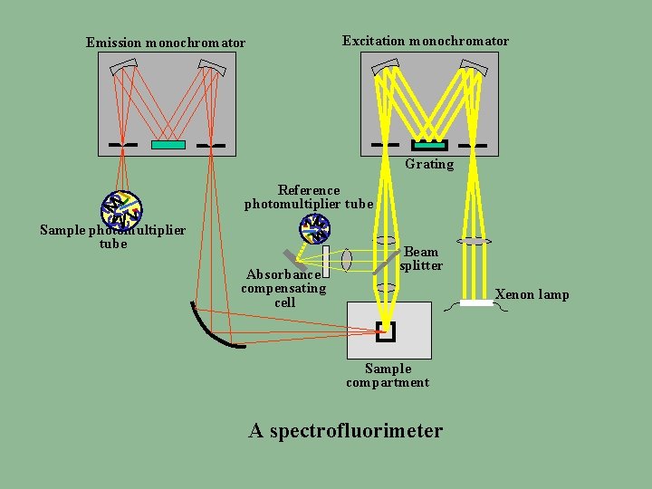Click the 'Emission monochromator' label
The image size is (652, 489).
(x=165, y=43)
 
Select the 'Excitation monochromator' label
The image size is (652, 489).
(x=425, y=41)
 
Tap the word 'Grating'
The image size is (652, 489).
(x=429, y=164)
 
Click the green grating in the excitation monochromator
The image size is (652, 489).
(x=429, y=145)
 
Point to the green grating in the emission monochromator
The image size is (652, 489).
(x=168, y=145)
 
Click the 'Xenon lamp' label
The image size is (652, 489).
(x=532, y=294)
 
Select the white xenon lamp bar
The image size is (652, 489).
(x=476, y=302)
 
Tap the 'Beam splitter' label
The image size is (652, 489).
(x=421, y=258)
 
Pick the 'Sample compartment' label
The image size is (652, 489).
(x=388, y=375)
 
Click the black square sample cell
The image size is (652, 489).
(x=386, y=332)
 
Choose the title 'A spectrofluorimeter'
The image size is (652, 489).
(x=346, y=430)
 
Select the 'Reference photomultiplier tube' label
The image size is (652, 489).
(x=309, y=197)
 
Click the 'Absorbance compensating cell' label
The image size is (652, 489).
(x=283, y=288)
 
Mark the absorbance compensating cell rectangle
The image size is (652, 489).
(x=325, y=259)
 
